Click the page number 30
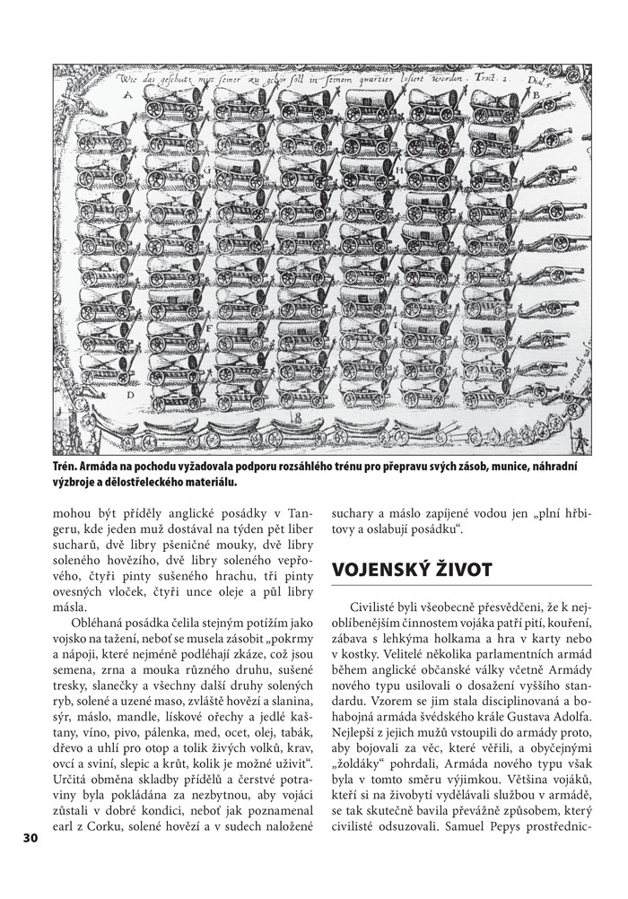tap(30, 837)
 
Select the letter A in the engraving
tap(126, 93)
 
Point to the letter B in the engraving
tap(536, 92)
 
